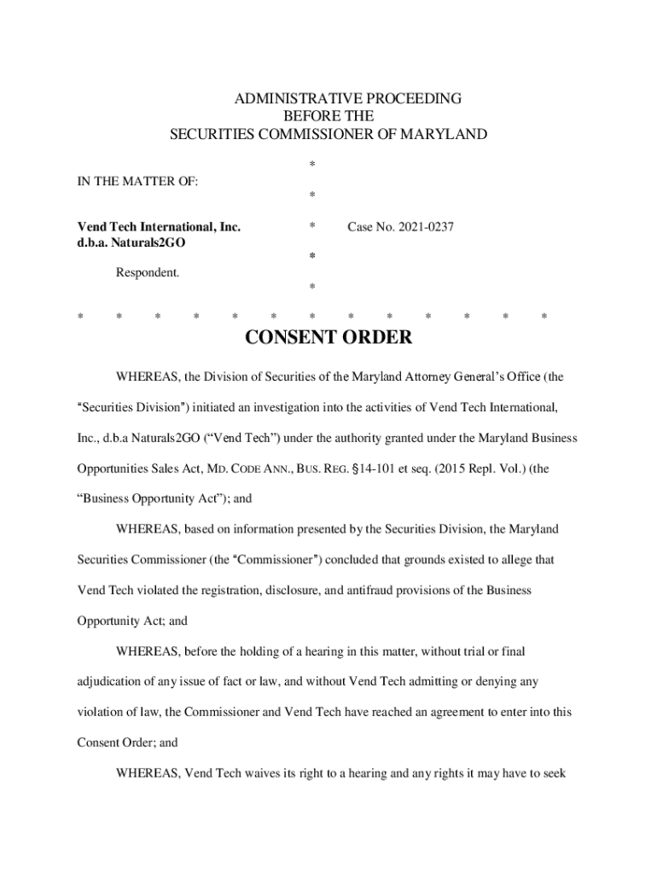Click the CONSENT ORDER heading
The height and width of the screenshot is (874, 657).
[328, 337]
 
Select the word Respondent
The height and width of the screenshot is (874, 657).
[148, 273]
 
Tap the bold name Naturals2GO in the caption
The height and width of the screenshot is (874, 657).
[148, 242]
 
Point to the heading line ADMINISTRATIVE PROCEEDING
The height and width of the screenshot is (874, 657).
[348, 98]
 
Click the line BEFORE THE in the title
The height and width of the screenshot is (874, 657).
[328, 116]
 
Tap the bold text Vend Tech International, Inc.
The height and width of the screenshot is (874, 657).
[159, 226]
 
